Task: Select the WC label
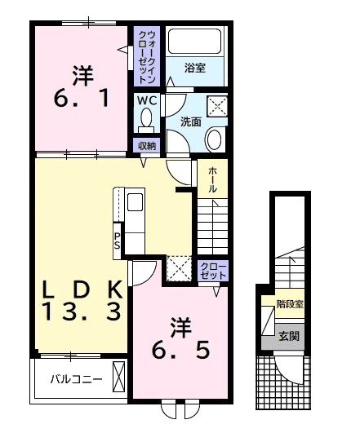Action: (146, 101)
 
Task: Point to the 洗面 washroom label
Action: (190, 122)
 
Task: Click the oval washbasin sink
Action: (215, 139)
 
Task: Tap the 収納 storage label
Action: (147, 145)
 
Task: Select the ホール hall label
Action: (212, 179)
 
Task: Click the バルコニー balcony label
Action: (76, 379)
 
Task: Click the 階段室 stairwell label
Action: (289, 303)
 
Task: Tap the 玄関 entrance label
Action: (289, 334)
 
